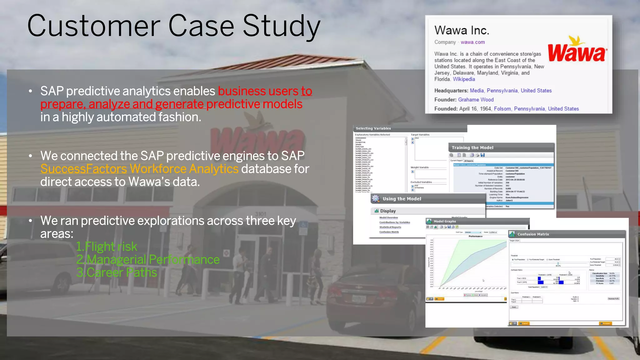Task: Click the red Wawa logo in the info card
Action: pyautogui.click(x=577, y=52)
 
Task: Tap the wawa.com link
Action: pyautogui.click(x=472, y=42)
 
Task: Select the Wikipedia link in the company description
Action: pyautogui.click(x=464, y=79)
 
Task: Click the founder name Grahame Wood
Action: pyautogui.click(x=476, y=100)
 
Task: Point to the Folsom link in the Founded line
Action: pyautogui.click(x=502, y=109)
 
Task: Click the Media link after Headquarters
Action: pyautogui.click(x=477, y=91)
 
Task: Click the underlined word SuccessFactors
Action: pyautogui.click(x=83, y=169)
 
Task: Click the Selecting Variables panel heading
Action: pyautogui.click(x=373, y=128)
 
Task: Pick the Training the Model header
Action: pyautogui.click(x=472, y=148)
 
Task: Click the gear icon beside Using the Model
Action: pyautogui.click(x=376, y=199)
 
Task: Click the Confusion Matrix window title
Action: pyautogui.click(x=533, y=234)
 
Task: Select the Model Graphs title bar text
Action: pyautogui.click(x=444, y=221)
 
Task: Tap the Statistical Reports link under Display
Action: pyautogui.click(x=390, y=227)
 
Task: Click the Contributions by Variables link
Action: pyautogui.click(x=394, y=222)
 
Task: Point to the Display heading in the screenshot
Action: pyautogui.click(x=388, y=211)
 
